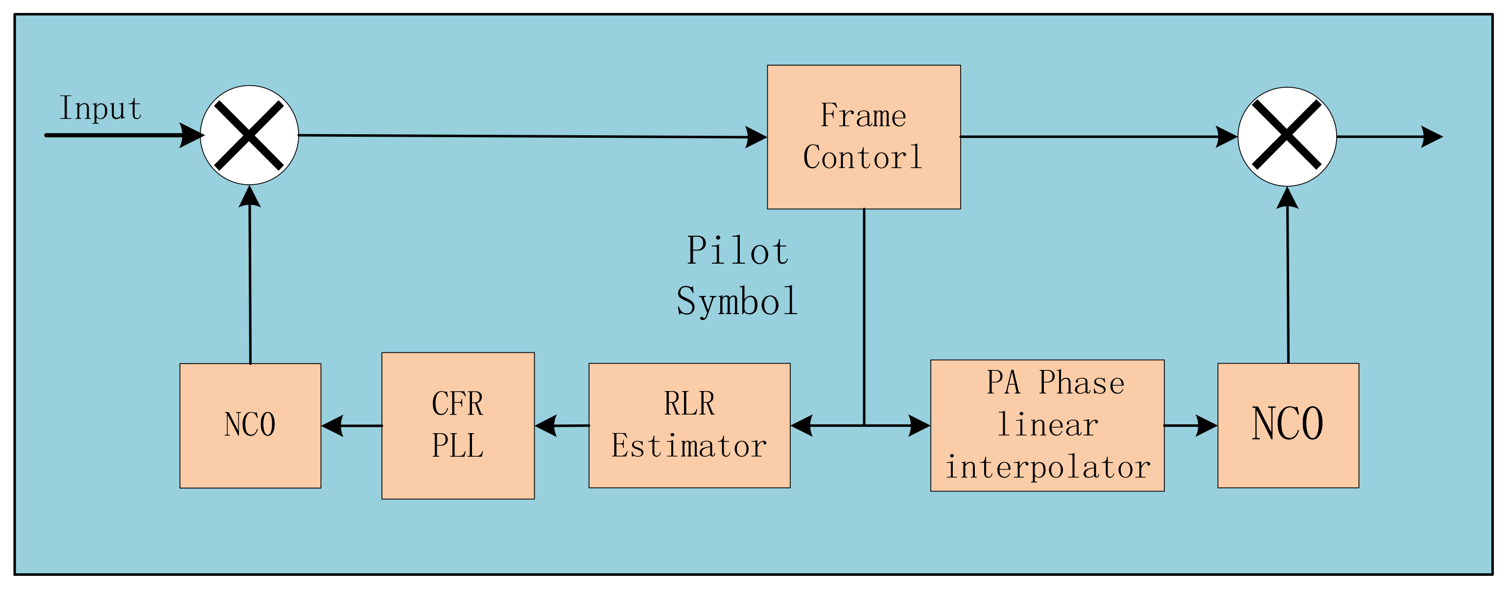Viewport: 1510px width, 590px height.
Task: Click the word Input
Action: [100, 108]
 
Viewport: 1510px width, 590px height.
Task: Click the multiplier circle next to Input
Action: [249, 135]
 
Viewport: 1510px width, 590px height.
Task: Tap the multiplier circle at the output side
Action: [1287, 137]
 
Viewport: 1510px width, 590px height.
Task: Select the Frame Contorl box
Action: [863, 137]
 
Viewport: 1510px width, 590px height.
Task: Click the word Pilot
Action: [737, 251]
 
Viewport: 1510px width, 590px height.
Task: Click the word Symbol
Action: [737, 301]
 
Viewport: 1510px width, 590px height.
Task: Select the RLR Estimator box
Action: [689, 425]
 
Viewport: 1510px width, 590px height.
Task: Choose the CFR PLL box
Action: [458, 425]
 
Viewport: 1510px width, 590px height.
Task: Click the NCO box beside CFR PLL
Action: [250, 425]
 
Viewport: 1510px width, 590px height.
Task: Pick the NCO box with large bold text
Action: [1288, 425]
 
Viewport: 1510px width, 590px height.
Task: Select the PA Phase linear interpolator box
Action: [1047, 425]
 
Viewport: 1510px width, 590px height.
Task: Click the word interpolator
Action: [1047, 467]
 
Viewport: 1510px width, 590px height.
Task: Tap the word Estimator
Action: [689, 446]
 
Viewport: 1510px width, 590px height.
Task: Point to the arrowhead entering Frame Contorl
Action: [756, 137]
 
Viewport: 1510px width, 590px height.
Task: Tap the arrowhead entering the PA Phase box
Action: [919, 426]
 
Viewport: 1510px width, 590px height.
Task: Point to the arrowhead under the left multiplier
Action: [250, 197]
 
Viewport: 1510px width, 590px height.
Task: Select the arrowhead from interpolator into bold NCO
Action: [1206, 426]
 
